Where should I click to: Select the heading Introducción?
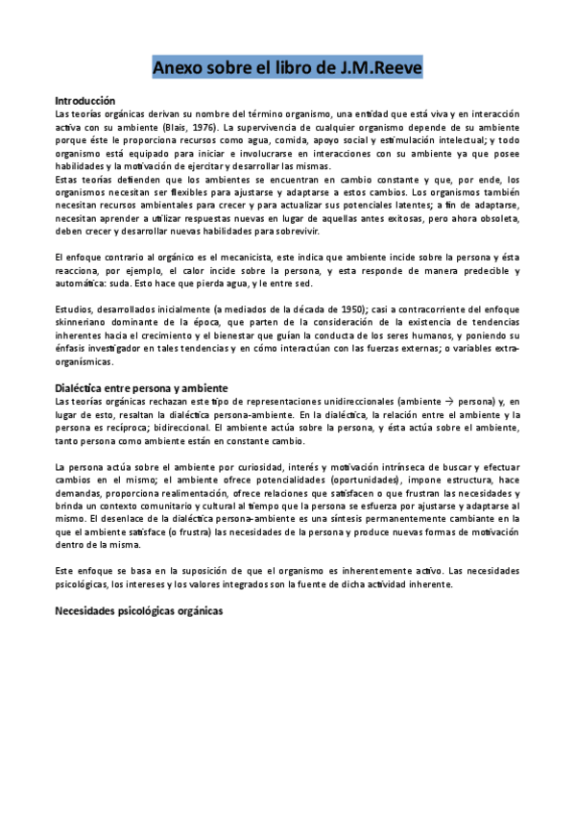(85, 101)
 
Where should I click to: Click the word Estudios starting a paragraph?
(75, 309)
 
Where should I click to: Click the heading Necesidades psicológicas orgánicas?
(138, 610)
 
